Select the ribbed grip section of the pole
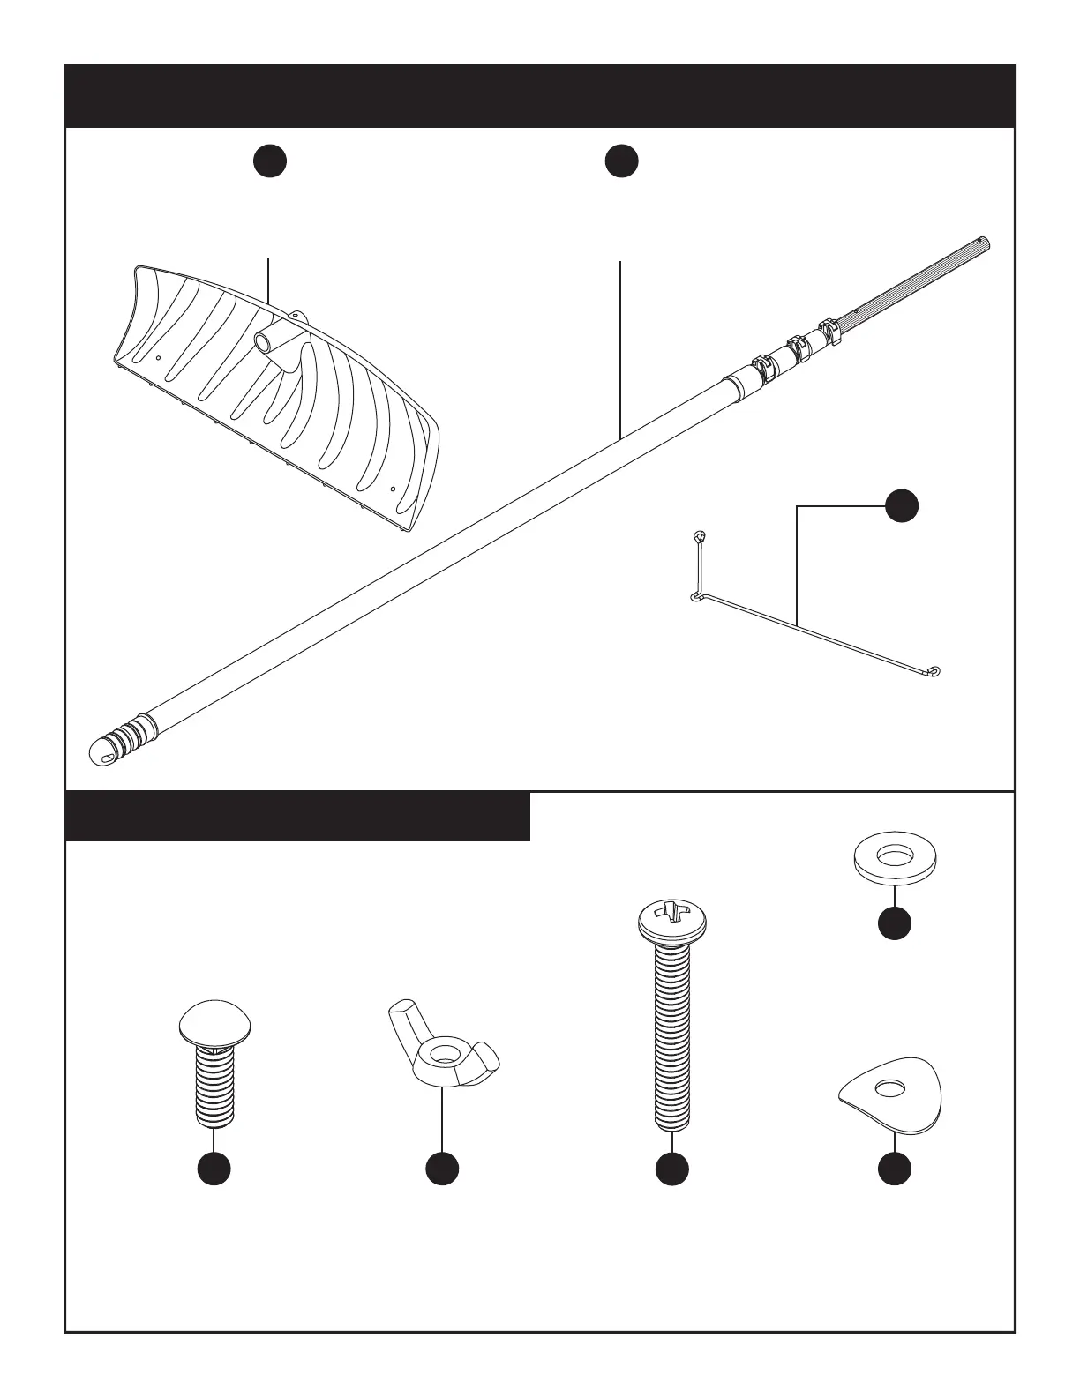918,282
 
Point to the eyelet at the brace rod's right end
935,671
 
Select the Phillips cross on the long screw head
672,912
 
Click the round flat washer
895,855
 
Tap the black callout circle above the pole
622,161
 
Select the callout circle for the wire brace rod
902,506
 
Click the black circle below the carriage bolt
214,1168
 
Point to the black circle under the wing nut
442,1168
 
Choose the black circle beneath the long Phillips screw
672,1168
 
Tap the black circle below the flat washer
895,923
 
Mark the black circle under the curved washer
895,1168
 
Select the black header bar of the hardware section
297,817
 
